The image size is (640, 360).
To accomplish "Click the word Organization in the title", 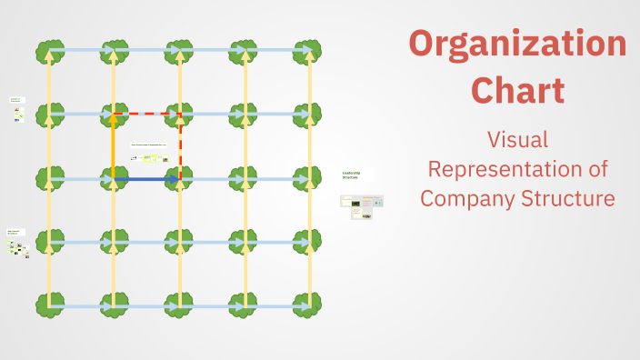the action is click(517, 44).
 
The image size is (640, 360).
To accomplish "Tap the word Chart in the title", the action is click(518, 91).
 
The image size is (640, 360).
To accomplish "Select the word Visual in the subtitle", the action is click(517, 140).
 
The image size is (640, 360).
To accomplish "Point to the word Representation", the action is click(517, 169).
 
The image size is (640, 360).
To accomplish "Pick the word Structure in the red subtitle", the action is click(570, 198).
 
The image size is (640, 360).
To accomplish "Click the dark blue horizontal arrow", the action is click(147, 180).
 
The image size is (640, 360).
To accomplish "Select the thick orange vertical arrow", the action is click(114, 145).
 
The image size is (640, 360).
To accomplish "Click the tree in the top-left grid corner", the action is click(49, 51).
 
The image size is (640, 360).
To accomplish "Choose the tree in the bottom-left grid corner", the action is click(49, 305).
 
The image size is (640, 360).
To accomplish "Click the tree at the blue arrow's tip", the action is click(180, 179).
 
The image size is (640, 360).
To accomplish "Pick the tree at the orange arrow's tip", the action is click(114, 115).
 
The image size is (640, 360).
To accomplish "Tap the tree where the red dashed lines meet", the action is click(180, 115).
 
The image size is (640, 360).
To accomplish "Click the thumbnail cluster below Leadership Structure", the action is click(362, 206).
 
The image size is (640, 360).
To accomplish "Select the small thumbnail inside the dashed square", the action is click(149, 153).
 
